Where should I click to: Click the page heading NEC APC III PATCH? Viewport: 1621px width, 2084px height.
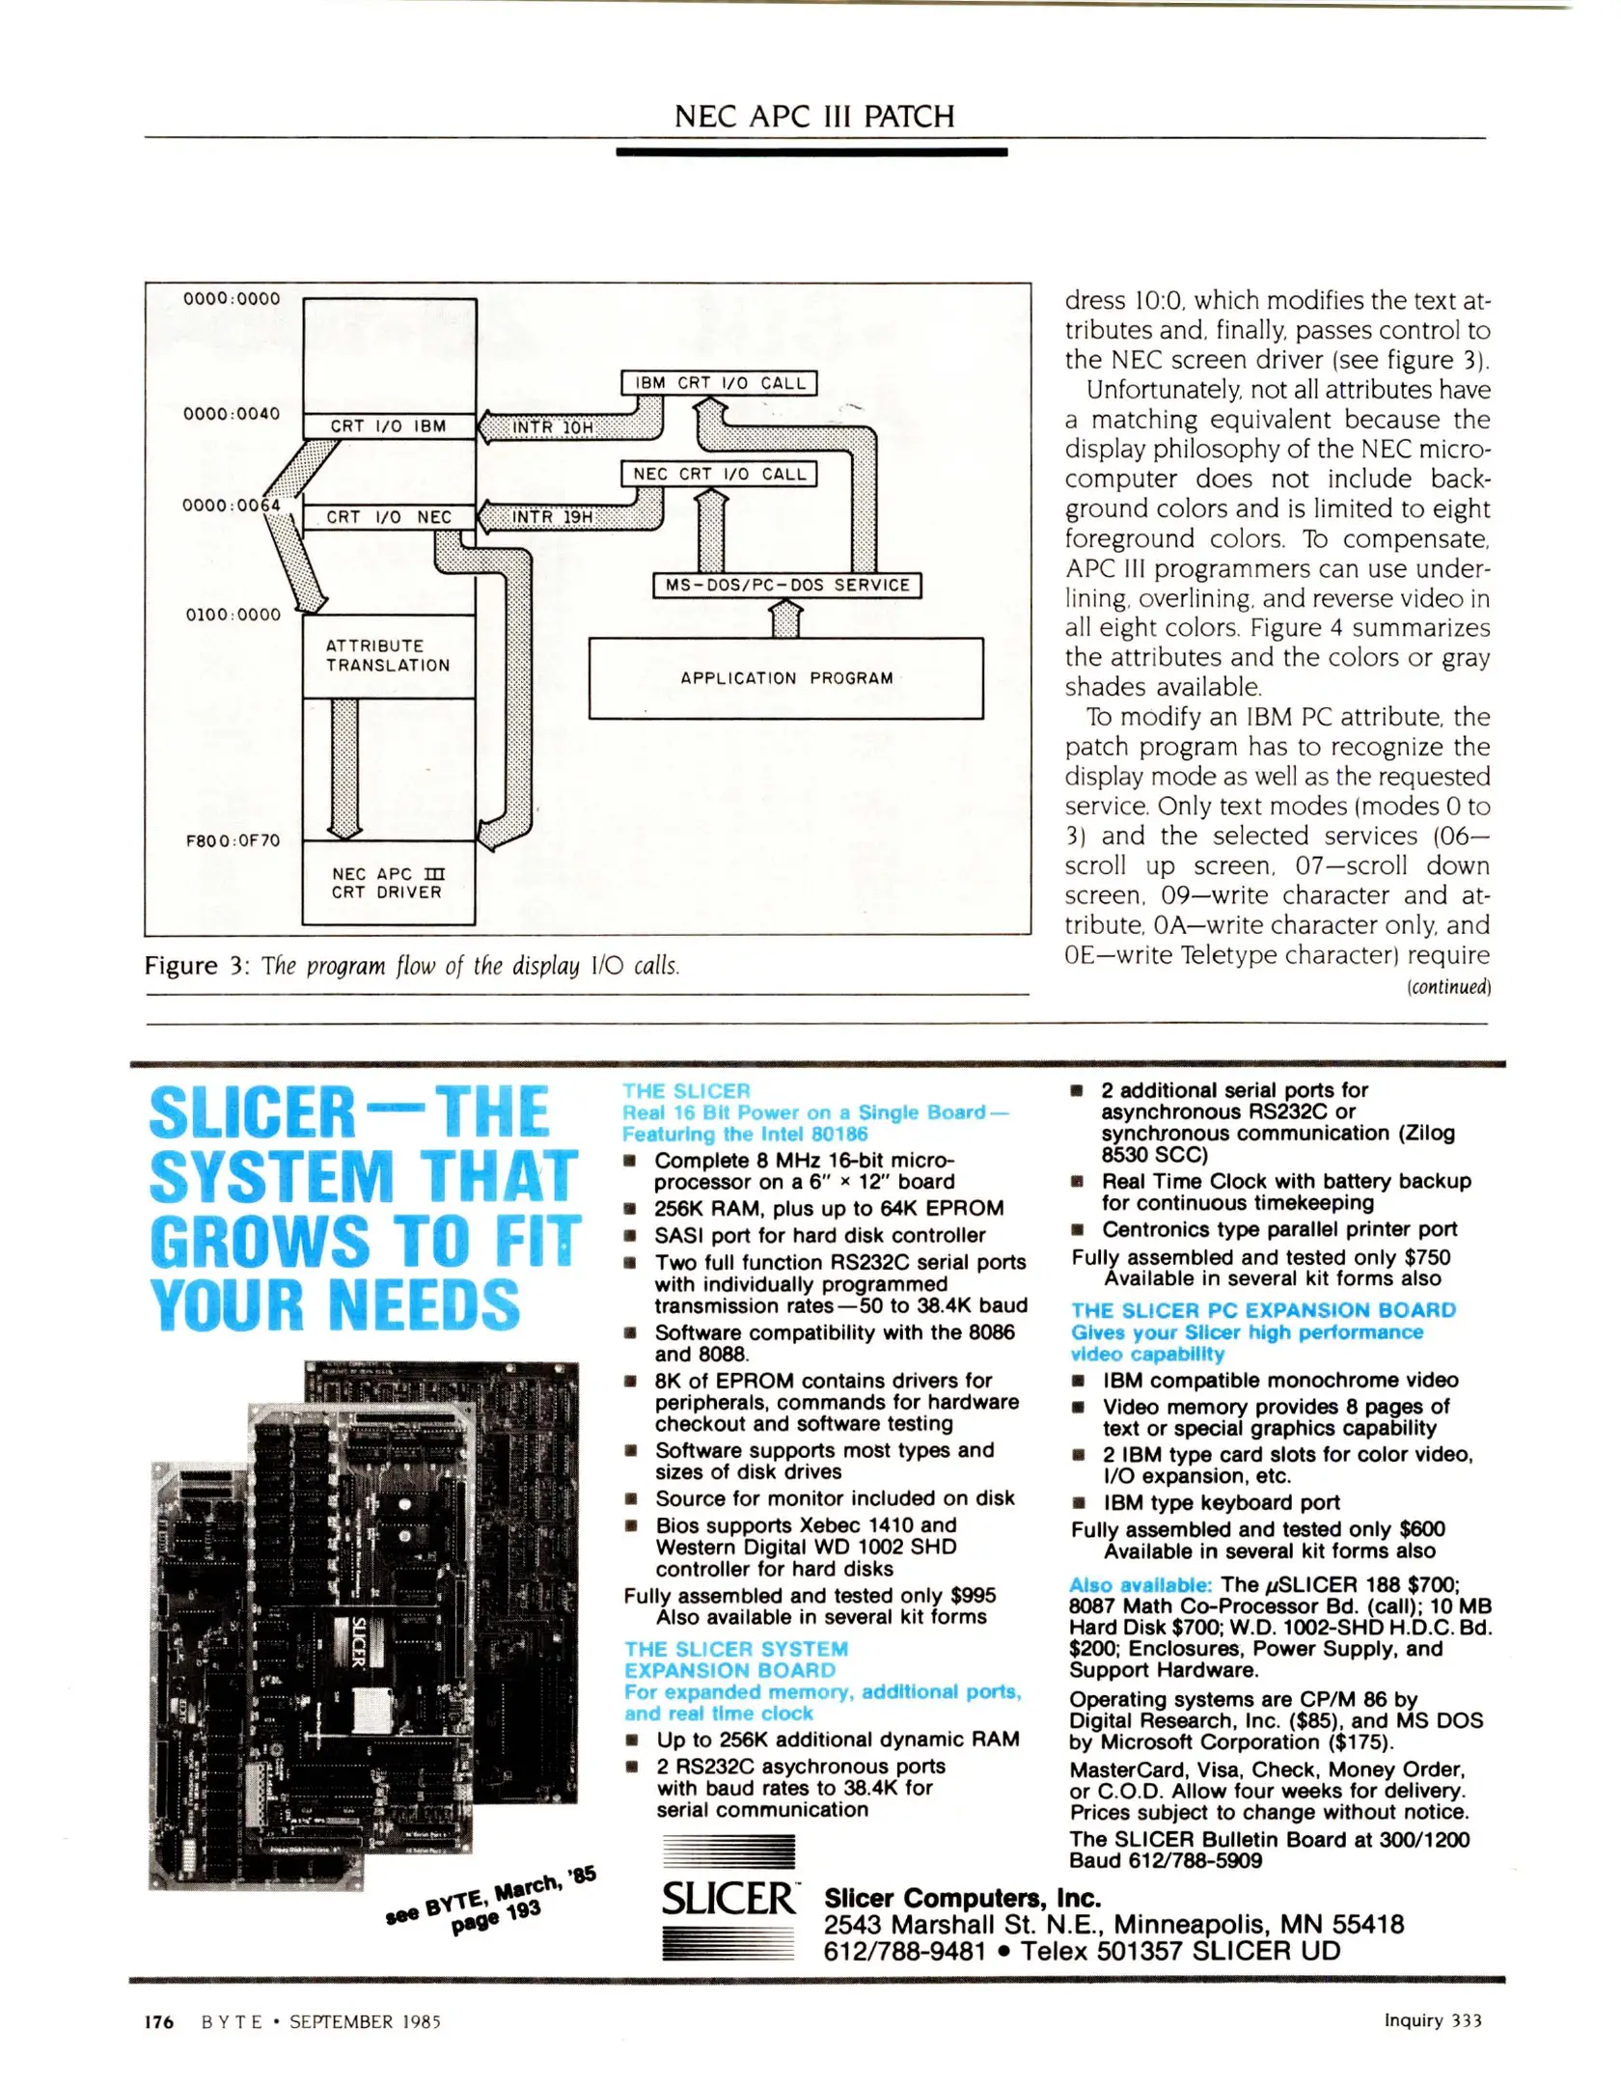(x=813, y=117)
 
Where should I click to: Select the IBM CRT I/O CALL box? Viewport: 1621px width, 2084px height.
(x=719, y=383)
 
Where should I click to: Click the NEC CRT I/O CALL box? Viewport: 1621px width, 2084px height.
(x=719, y=474)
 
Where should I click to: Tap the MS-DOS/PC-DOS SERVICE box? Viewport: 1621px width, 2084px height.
(x=786, y=585)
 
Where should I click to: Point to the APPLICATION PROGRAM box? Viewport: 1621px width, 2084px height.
(x=785, y=678)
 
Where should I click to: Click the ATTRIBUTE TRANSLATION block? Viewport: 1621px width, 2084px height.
(x=388, y=656)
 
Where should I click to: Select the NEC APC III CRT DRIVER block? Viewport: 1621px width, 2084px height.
(x=388, y=883)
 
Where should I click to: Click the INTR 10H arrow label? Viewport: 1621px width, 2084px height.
(x=552, y=427)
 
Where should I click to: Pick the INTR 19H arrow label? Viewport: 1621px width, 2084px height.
(x=552, y=517)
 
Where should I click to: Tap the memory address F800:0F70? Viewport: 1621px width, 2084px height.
(x=233, y=840)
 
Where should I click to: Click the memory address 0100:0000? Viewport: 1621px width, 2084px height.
(x=233, y=615)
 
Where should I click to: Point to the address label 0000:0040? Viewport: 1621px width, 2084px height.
(x=232, y=414)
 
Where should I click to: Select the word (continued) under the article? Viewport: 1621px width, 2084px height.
(x=1448, y=987)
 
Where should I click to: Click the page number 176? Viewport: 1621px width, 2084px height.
(x=159, y=2022)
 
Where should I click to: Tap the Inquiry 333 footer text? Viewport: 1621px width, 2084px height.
(x=1433, y=2020)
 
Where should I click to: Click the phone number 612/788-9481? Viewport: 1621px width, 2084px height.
(x=904, y=1951)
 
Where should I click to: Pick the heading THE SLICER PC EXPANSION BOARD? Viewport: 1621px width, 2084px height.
(x=1263, y=1310)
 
